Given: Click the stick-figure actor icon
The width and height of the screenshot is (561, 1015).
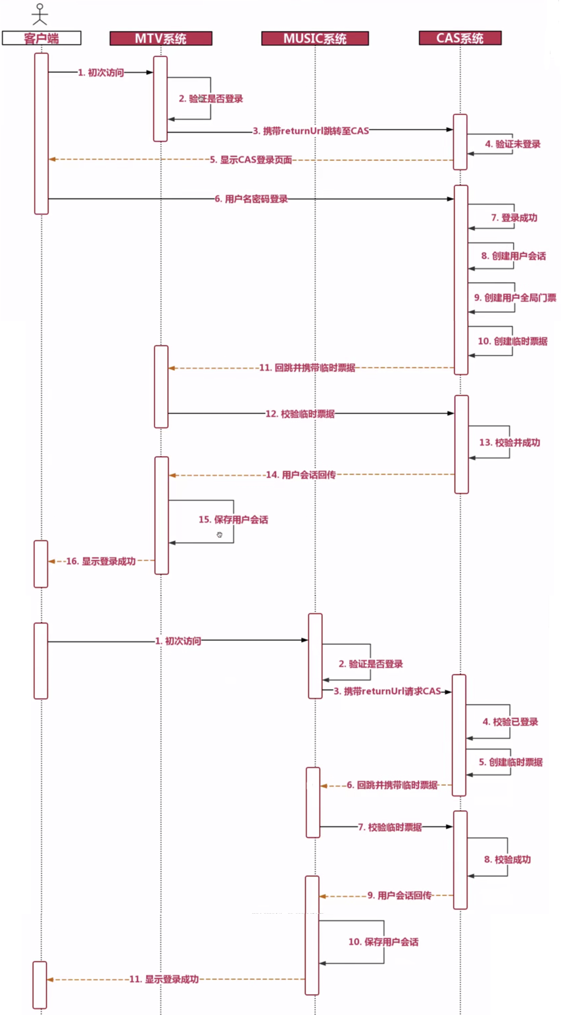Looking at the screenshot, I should coord(41,14).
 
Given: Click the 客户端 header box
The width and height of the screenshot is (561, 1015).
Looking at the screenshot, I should coord(41,38).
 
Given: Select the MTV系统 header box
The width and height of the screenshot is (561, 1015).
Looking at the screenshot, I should coord(160,38).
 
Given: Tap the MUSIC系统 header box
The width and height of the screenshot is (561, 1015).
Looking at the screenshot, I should coord(314,38).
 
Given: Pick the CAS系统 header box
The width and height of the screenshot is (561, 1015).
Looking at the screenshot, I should coord(460,38).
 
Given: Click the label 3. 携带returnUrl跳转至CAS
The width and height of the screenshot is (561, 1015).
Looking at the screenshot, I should coord(310,131).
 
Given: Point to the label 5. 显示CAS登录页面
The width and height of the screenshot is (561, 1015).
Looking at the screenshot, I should coord(251,160).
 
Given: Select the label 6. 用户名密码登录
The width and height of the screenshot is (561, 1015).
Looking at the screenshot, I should coord(251,199).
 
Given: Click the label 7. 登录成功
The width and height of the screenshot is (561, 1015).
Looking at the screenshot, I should coord(514,218).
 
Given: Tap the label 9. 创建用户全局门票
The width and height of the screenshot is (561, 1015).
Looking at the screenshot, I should coord(511,297).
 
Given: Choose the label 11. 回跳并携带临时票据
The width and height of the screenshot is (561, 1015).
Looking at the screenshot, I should coord(307,368).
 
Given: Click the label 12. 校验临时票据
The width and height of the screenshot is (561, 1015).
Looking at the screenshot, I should coord(299,414).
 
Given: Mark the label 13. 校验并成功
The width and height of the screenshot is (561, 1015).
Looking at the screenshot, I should coord(509,442).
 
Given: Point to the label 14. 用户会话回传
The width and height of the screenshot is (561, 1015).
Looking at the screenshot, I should coord(300,474).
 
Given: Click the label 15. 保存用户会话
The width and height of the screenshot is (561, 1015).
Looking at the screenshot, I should coord(233,519).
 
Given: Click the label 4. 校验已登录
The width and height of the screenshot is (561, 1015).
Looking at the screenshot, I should coord(510,722).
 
